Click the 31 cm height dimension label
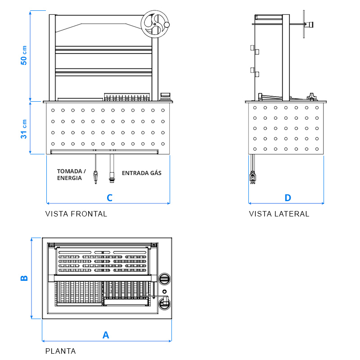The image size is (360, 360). pyautogui.click(x=24, y=129)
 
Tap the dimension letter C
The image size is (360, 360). pyautogui.click(x=109, y=198)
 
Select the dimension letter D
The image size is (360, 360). pyautogui.click(x=288, y=198)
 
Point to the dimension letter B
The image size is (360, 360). pyautogui.click(x=24, y=278)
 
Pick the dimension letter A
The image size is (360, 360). pyautogui.click(x=106, y=335)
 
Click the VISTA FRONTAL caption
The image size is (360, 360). pyautogui.click(x=76, y=214)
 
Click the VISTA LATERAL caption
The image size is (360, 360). pyautogui.click(x=279, y=214)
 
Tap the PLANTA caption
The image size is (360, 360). pyautogui.click(x=60, y=351)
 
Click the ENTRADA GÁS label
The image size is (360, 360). pyautogui.click(x=141, y=173)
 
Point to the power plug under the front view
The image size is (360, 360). pyautogui.click(x=95, y=176)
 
